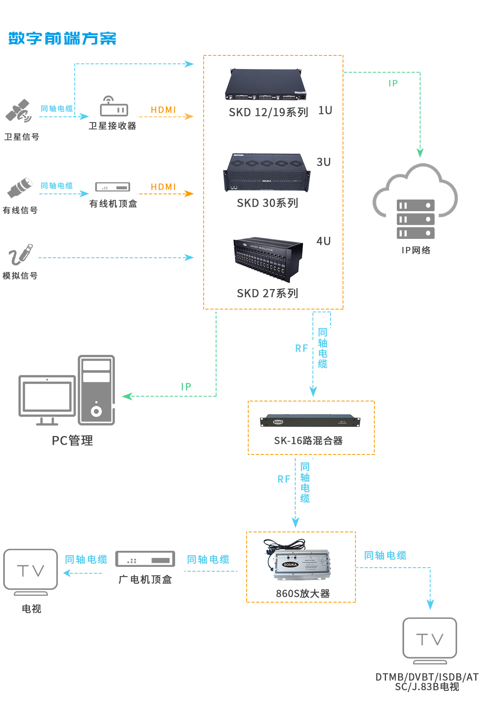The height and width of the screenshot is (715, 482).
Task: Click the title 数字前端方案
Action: (62, 39)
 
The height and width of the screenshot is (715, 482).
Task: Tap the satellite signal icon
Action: (18, 111)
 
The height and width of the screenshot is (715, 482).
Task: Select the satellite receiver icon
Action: (114, 107)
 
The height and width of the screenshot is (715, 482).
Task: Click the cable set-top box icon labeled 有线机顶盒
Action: (113, 187)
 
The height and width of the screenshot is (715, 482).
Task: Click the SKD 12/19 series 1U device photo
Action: (266, 85)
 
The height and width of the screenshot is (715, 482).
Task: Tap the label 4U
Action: (323, 241)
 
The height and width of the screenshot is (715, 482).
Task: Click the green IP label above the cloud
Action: (393, 84)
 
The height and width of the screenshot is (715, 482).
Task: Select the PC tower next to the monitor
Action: (96, 390)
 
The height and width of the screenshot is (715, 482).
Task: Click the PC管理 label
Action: (72, 441)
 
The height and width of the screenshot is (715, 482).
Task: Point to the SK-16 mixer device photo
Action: (310, 421)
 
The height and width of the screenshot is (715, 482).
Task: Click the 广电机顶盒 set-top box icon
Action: (145, 559)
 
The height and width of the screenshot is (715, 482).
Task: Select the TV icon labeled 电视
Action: (31, 571)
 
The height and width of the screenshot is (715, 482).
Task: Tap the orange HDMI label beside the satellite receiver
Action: (163, 110)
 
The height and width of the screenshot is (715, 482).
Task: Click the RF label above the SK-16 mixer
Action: (301, 348)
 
